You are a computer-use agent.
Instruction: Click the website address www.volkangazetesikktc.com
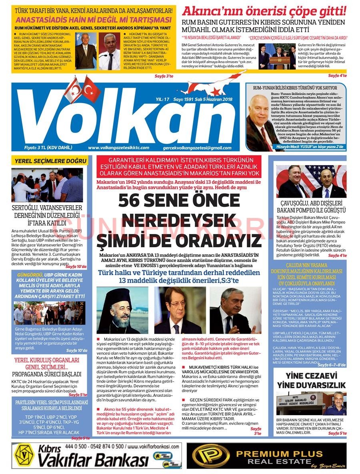(x=118, y=148)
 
